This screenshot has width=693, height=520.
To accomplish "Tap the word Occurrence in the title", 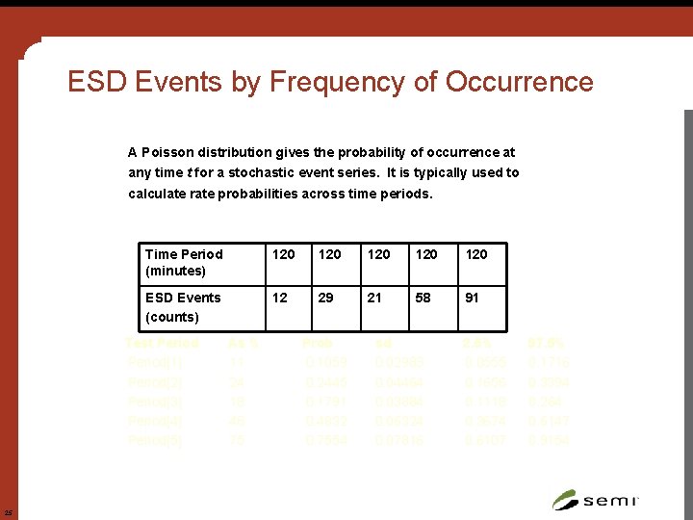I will pyautogui.click(x=520, y=83).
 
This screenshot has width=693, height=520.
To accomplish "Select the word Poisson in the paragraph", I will pyautogui.click(x=169, y=152).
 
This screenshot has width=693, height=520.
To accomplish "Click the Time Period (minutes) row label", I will pyautogui.click(x=184, y=262).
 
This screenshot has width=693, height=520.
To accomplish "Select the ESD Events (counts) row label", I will pyautogui.click(x=183, y=306).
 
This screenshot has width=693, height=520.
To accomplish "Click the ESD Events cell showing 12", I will pyautogui.click(x=280, y=298).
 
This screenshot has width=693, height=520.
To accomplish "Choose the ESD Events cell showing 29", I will pyautogui.click(x=326, y=298).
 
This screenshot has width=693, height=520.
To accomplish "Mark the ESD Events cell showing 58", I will pyautogui.click(x=423, y=298).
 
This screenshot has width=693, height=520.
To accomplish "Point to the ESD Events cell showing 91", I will pyautogui.click(x=472, y=298).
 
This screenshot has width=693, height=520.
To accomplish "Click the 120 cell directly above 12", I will pyautogui.click(x=284, y=254).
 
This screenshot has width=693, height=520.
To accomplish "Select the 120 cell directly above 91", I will pyautogui.click(x=476, y=254).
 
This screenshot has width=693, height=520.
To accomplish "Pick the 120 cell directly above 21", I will pyautogui.click(x=380, y=254).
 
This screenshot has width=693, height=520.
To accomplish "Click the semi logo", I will pyautogui.click(x=596, y=499).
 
